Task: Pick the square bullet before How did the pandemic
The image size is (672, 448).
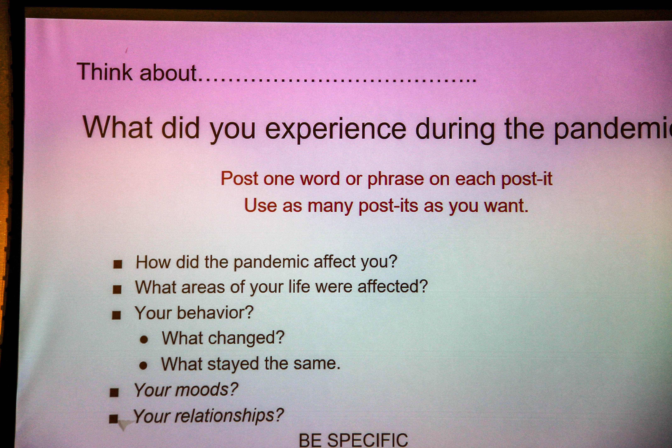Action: [118, 264]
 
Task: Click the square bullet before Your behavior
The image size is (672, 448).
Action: [116, 315]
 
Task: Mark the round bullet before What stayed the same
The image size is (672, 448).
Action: [143, 365]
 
